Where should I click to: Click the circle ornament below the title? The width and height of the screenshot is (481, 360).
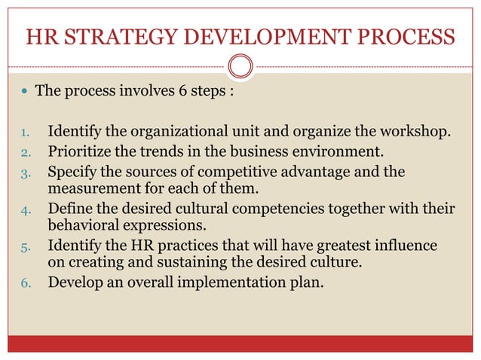pyautogui.click(x=240, y=67)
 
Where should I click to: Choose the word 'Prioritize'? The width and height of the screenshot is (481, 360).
pyautogui.click(x=84, y=153)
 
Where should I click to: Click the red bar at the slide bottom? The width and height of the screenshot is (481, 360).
pyautogui.click(x=240, y=344)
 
